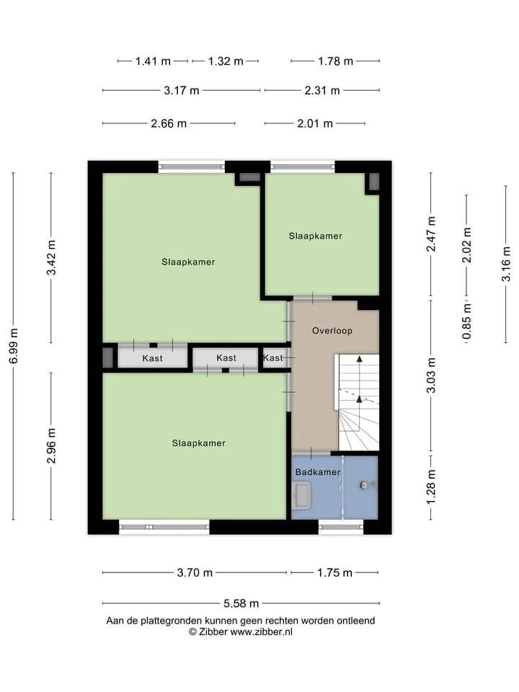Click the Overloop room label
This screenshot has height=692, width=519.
pyautogui.click(x=332, y=331)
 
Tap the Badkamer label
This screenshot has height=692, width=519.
pyautogui.click(x=318, y=471)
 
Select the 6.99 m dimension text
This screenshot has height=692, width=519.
pyautogui.click(x=14, y=346)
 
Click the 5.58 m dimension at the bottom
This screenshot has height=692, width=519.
pyautogui.click(x=241, y=603)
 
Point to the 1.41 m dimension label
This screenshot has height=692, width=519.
pyautogui.click(x=153, y=61)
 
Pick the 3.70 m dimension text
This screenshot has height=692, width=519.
pyautogui.click(x=195, y=572)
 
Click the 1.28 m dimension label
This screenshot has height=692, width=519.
pyautogui.click(x=431, y=487)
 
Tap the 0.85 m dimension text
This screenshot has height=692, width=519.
pyautogui.click(x=466, y=321)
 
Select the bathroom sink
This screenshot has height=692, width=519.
pyautogui.click(x=302, y=496)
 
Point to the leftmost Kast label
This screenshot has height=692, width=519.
pyautogui.click(x=152, y=358)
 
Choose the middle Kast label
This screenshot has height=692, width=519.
pyautogui.click(x=226, y=358)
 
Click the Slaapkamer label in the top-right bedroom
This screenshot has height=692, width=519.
pyautogui.click(x=316, y=236)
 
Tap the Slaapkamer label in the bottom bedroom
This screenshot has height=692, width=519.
pyautogui.click(x=199, y=443)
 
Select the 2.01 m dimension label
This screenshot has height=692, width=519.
pyautogui.click(x=315, y=123)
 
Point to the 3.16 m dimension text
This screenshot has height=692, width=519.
pyautogui.click(x=506, y=264)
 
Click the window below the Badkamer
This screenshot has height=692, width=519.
pyautogui.click(x=341, y=527)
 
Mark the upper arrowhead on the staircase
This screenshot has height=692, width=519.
pyautogui.click(x=360, y=359)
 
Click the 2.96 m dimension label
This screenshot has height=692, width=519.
pyautogui.click(x=51, y=445)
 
